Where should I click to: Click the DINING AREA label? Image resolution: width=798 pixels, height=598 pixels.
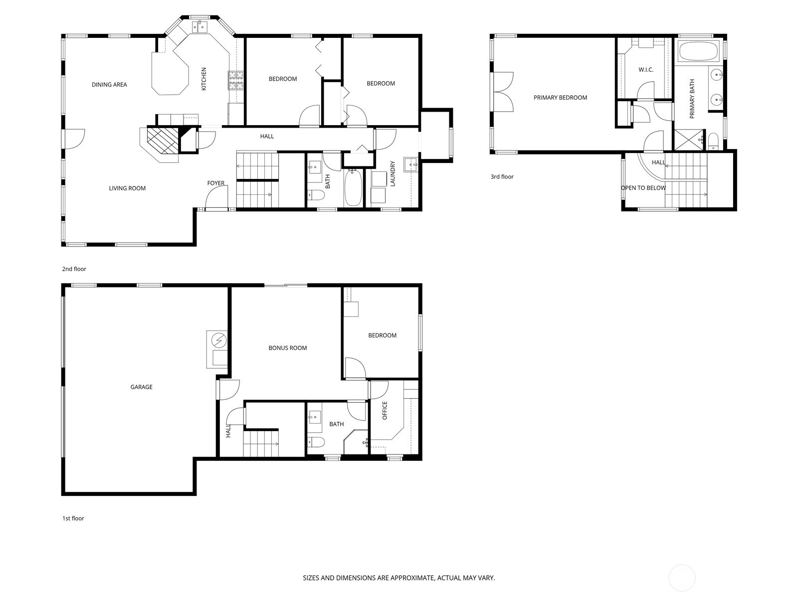(109, 85)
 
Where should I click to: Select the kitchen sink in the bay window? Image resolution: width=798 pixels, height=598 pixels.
(200, 26)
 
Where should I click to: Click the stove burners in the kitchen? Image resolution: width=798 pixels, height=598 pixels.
(236, 80)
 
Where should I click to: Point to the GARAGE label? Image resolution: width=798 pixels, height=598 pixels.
(141, 387)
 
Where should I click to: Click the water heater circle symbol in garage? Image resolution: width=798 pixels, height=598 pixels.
(218, 340)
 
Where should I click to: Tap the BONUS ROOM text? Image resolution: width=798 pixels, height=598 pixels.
(287, 348)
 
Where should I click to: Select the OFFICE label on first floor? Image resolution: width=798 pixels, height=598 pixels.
(385, 411)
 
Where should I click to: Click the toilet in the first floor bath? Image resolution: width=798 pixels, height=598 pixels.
(316, 442)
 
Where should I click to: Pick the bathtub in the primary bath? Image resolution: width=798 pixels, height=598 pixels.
(698, 51)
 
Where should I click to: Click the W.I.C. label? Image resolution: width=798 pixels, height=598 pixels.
(646, 70)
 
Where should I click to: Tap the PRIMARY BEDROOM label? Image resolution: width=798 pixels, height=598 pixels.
(560, 98)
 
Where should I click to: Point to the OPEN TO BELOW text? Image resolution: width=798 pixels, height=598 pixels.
(643, 188)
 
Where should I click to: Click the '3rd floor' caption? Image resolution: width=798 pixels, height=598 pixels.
(502, 177)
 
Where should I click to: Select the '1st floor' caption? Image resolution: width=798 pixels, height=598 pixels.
(73, 518)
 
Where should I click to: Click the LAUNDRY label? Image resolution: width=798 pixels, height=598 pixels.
(393, 173)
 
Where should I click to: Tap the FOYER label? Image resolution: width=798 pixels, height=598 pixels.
(215, 183)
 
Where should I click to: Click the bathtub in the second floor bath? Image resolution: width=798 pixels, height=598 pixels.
(353, 188)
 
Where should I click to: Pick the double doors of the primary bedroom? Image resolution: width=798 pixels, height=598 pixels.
(503, 92)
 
